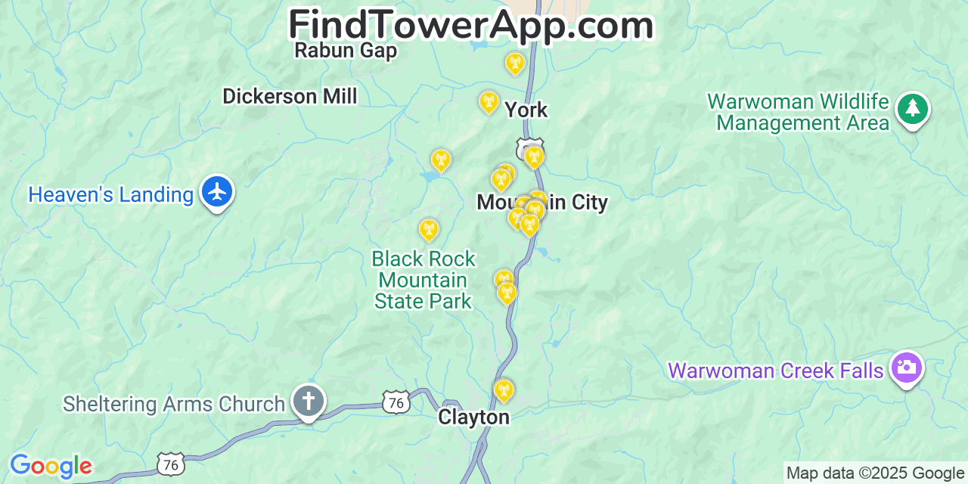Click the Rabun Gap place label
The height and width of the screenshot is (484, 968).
346,51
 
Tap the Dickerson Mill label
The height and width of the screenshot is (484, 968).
290,97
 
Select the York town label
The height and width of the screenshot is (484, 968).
526,110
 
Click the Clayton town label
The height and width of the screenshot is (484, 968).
474,417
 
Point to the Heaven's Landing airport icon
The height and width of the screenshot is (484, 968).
217,192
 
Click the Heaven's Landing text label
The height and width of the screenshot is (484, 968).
111,195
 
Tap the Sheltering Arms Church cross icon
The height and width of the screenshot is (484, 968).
308,402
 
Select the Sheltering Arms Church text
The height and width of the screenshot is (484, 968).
174,405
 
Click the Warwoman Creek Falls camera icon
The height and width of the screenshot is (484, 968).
906,368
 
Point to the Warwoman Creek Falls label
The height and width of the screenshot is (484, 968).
776,371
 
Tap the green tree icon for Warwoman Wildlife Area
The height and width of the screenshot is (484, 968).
913,109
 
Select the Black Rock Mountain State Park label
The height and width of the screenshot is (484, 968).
423,281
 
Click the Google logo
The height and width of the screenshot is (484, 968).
51,466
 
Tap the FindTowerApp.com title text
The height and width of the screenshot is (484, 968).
471,26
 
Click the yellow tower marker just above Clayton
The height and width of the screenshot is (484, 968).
504,390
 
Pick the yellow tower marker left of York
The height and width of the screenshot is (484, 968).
489,101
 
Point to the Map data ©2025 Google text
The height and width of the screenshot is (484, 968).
876,473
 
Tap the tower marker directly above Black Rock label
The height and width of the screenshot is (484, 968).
429,229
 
